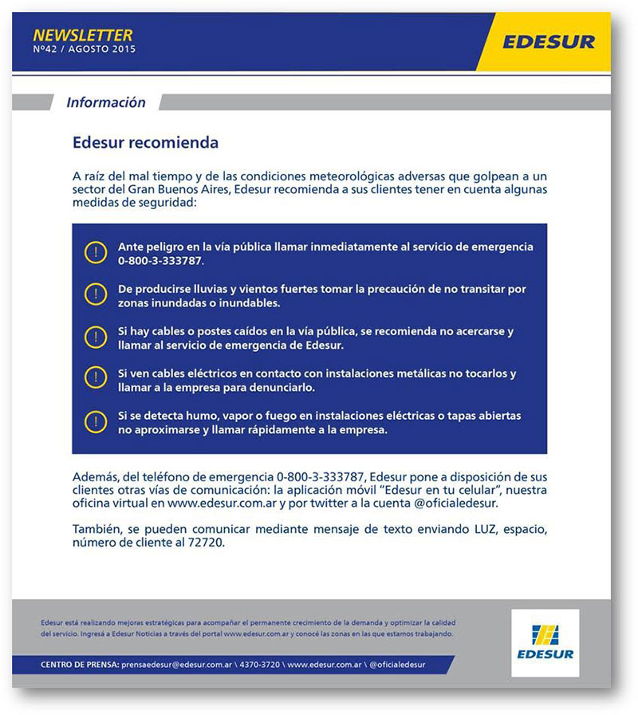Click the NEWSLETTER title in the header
click(83, 34)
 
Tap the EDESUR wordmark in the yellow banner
click(549, 41)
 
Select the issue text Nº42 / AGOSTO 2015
click(85, 49)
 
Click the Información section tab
click(105, 102)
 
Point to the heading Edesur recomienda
click(145, 144)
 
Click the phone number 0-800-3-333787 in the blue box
click(160, 261)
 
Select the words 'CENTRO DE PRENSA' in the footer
click(80, 665)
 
